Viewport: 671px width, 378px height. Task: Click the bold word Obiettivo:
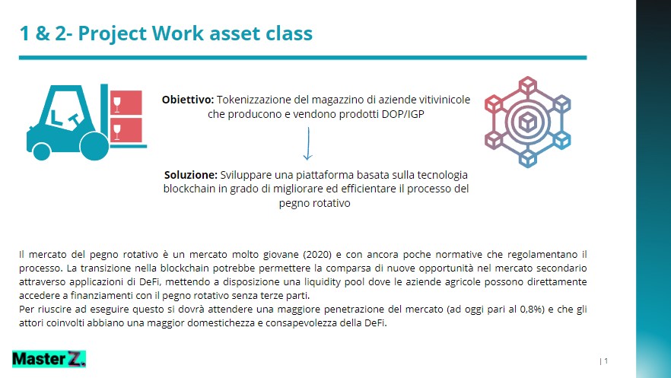187,100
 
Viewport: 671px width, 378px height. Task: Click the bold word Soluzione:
191,175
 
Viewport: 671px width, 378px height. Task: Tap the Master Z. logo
49,359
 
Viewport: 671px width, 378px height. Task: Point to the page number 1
606,361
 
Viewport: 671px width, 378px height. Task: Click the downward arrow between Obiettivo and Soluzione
307,144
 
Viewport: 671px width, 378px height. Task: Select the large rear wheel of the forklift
94,146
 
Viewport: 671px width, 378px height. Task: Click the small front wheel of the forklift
42,152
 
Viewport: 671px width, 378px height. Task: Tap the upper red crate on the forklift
126,103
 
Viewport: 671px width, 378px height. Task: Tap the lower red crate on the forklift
126,130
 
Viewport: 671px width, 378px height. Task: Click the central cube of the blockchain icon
528,122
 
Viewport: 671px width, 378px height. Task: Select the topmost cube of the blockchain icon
528,84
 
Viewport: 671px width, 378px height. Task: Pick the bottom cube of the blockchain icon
528,159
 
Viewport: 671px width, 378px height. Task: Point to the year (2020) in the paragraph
317,255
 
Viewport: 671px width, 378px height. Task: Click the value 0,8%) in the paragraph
532,309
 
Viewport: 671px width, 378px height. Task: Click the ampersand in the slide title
43,33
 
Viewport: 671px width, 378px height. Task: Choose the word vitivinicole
444,100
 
